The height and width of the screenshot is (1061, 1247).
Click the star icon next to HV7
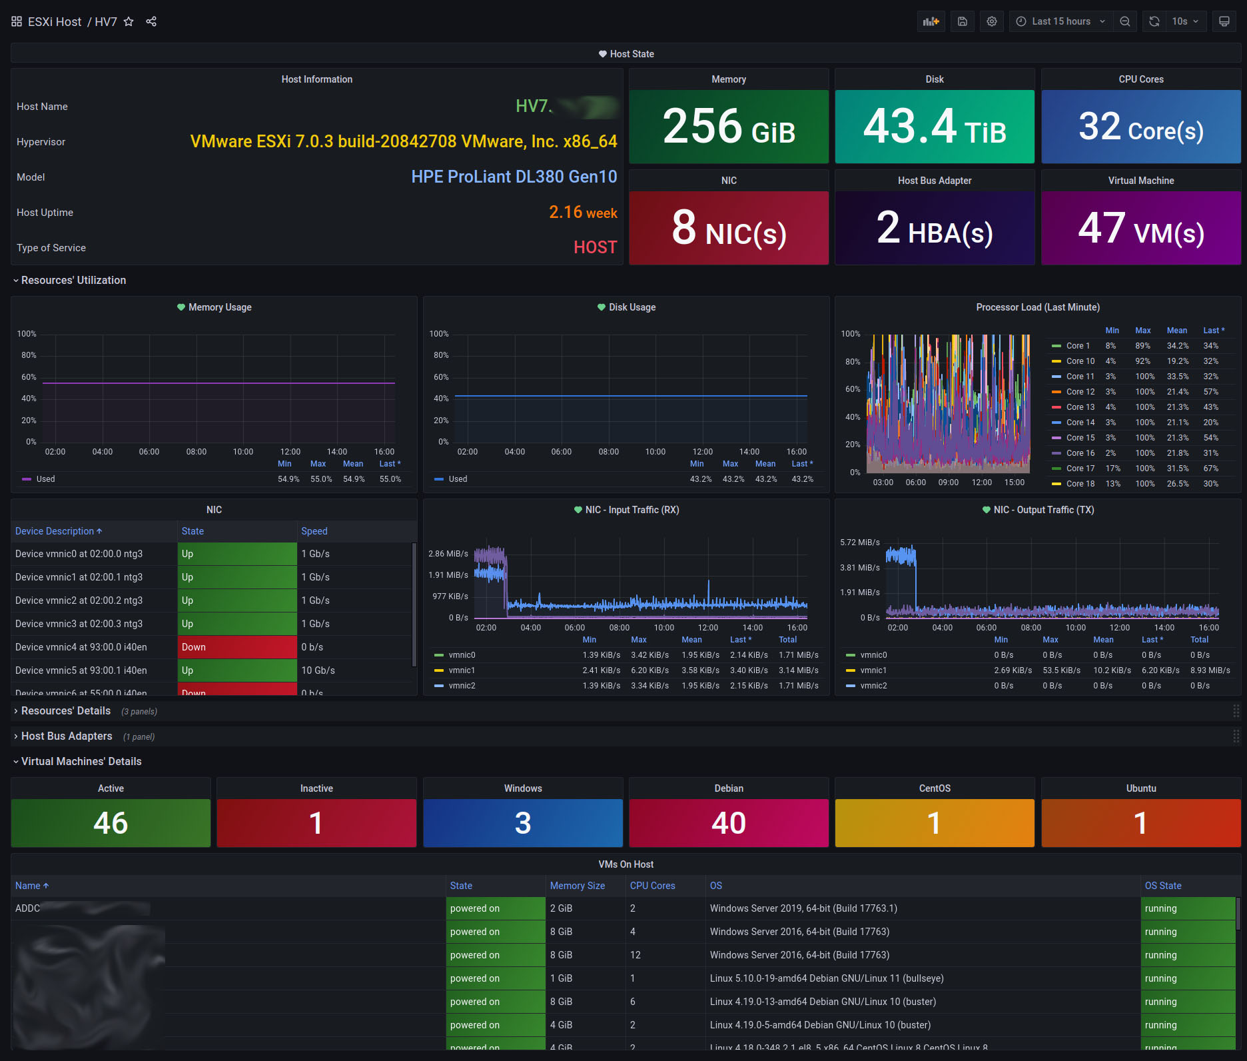coord(129,21)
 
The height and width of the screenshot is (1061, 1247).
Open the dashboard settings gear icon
coord(991,21)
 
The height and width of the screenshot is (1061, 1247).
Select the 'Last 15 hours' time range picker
coord(1060,21)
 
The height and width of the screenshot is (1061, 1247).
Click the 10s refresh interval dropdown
coord(1185,21)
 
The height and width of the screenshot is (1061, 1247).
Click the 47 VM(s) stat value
coord(1140,229)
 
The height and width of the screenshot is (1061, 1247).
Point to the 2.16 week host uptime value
coord(582,213)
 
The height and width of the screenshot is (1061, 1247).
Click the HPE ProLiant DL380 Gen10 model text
coord(514,177)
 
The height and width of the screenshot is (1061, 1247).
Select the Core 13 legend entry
coord(1080,407)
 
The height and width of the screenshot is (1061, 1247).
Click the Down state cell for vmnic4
coord(236,647)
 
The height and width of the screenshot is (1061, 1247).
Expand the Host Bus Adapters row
coord(67,736)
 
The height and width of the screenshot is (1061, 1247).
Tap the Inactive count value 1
coord(316,823)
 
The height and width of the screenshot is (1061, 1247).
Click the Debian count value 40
coord(728,823)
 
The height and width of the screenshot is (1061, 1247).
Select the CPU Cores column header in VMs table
coord(652,886)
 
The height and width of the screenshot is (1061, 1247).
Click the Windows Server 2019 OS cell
coord(803,908)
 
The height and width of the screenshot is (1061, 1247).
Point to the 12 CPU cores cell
coord(635,955)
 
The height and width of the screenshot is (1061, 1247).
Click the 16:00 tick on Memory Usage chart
coord(384,452)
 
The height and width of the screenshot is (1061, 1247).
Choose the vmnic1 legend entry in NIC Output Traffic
coord(873,670)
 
